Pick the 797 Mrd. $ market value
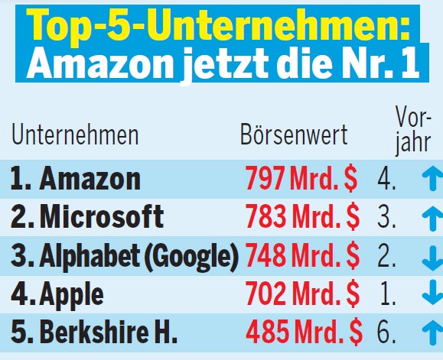coord(301,179)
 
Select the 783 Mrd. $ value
coord(301,217)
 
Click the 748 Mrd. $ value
coord(301,255)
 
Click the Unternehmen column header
coord(75,135)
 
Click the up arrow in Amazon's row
coord(431,180)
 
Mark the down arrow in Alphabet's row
coord(431,255)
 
